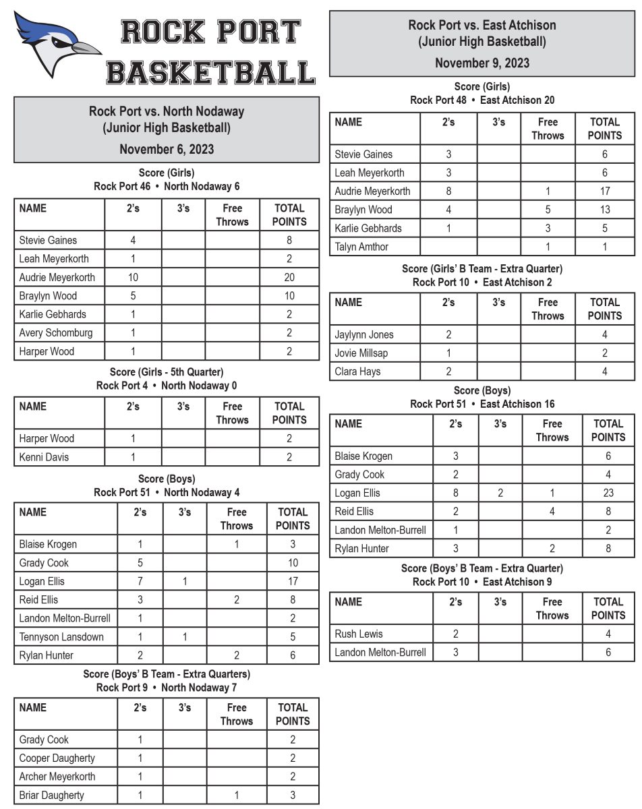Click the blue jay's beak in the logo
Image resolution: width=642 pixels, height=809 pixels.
pos(86,48)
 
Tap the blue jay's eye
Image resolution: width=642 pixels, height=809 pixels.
pos(60,42)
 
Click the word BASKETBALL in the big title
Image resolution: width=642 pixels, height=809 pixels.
pos(210,71)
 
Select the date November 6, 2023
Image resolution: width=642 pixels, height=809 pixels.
pos(167,149)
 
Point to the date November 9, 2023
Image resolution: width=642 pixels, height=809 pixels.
pos(482,63)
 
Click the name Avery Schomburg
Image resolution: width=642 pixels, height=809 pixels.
pos(56,332)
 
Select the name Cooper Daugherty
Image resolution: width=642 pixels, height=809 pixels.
pos(57,758)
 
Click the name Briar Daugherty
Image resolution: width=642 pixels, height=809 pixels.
pos(52,795)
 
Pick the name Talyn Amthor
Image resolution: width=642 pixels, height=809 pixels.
pos(361,247)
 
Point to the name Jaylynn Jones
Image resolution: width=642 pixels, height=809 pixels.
pos(364,334)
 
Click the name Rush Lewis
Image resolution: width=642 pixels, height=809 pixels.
pos(359,634)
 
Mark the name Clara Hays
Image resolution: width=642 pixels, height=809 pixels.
pos(357,371)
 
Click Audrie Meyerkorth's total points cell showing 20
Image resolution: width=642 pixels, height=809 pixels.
pos(289,277)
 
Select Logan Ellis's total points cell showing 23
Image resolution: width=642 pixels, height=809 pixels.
pos(608,493)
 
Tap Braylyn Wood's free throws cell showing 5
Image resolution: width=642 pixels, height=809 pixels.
pos(548,210)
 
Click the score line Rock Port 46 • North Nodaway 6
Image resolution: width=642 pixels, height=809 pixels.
pos(167,186)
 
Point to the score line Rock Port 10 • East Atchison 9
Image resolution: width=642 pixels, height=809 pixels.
pos(482,581)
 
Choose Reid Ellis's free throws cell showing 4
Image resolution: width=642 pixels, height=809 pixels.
pos(552,511)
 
